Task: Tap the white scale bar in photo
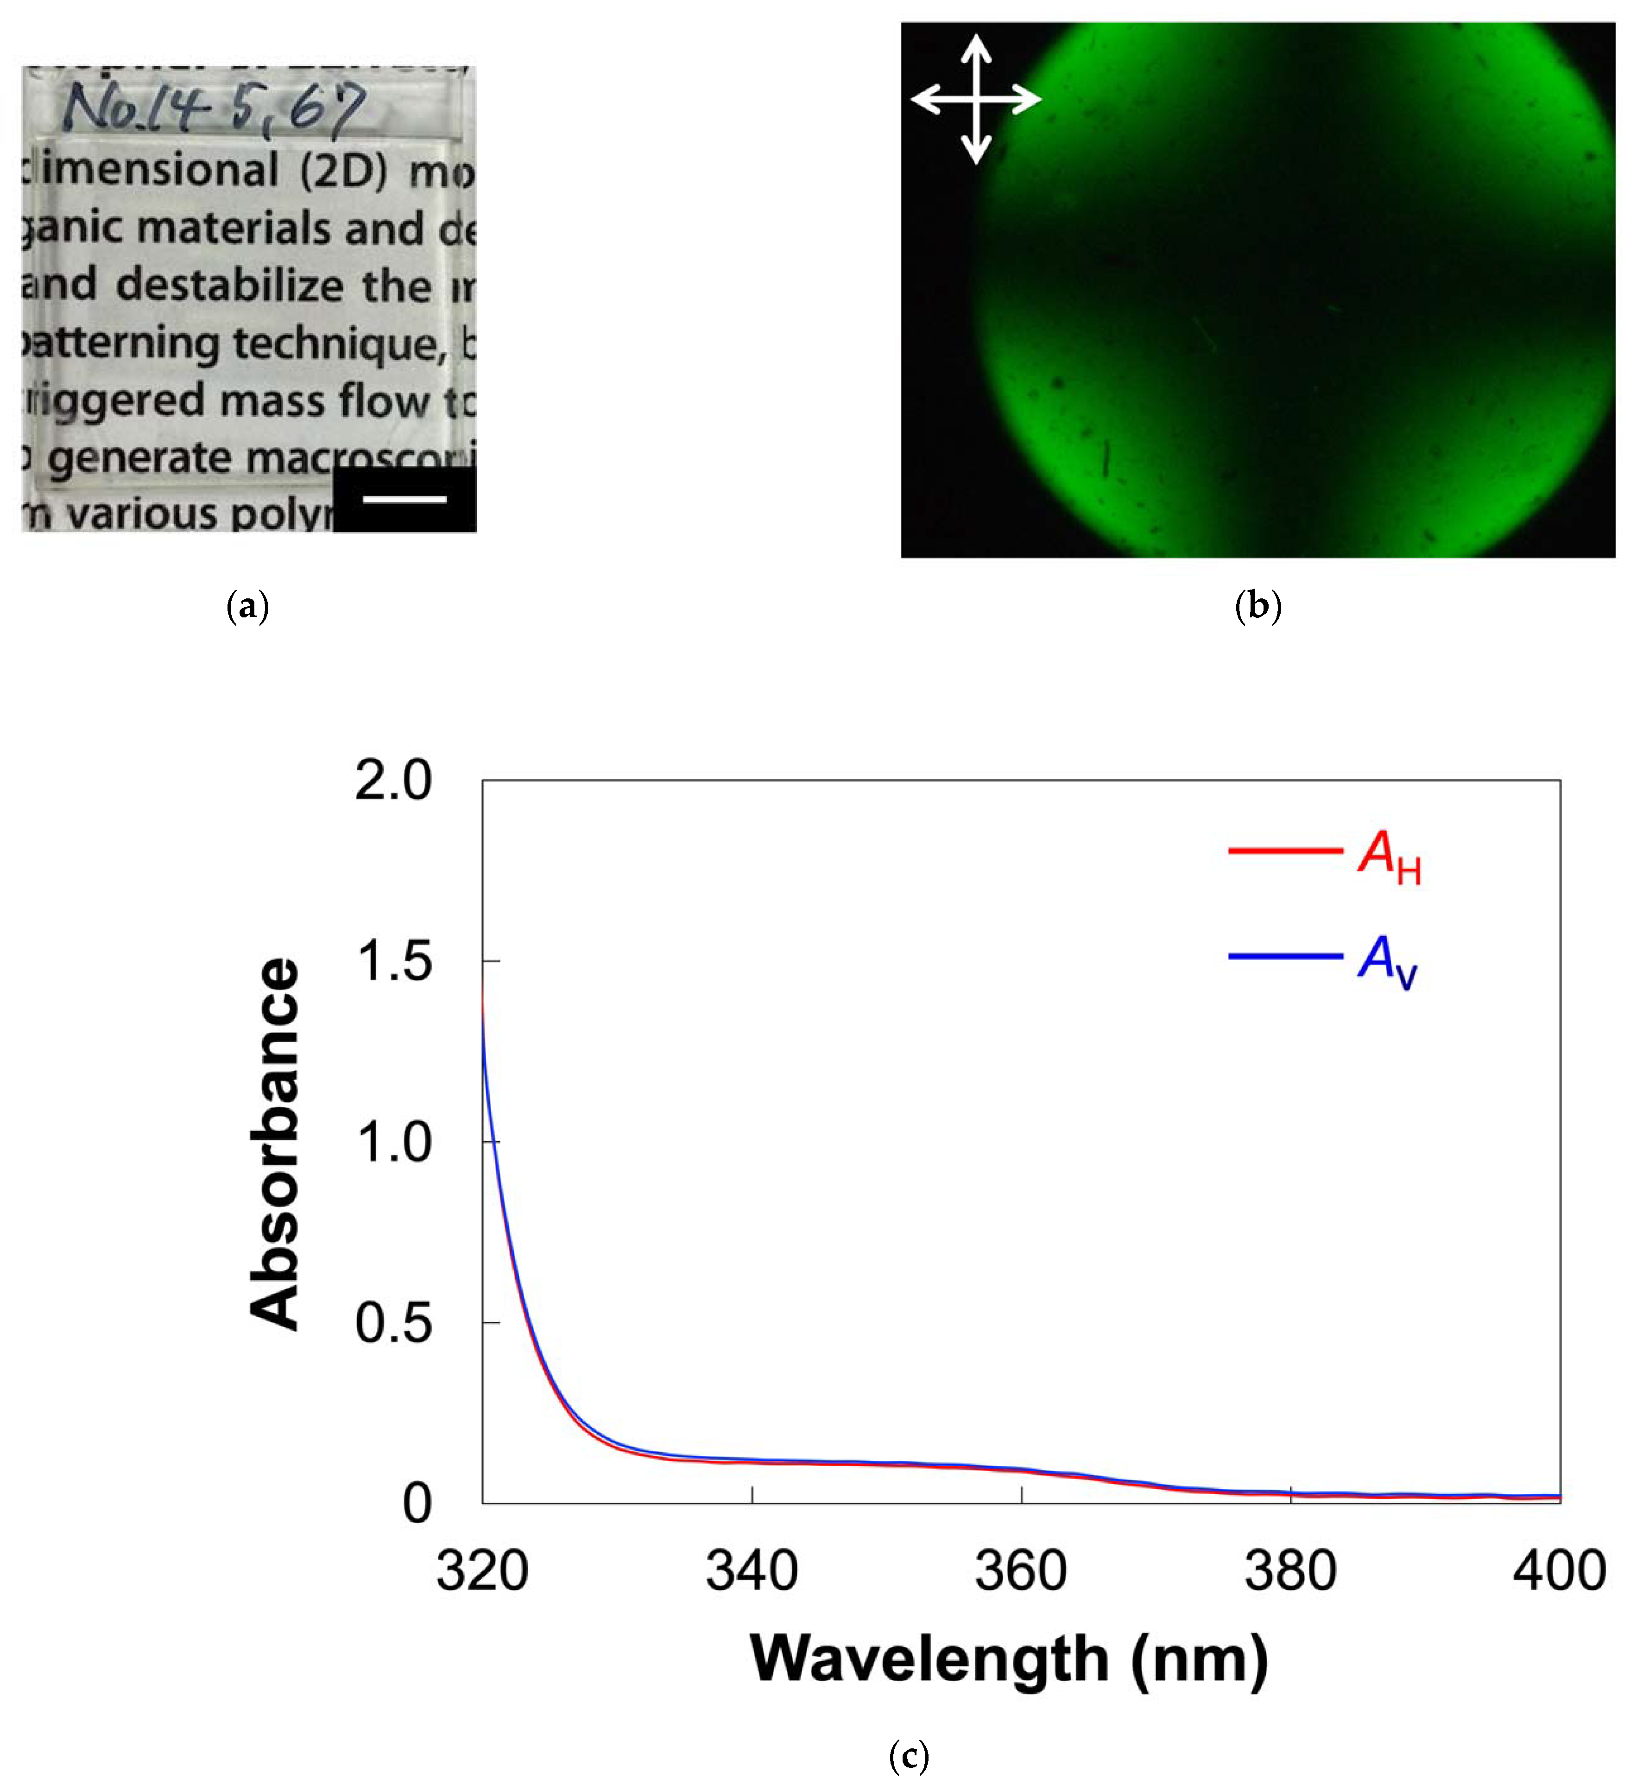[x=404, y=499]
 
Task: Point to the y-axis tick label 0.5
[x=393, y=1323]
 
